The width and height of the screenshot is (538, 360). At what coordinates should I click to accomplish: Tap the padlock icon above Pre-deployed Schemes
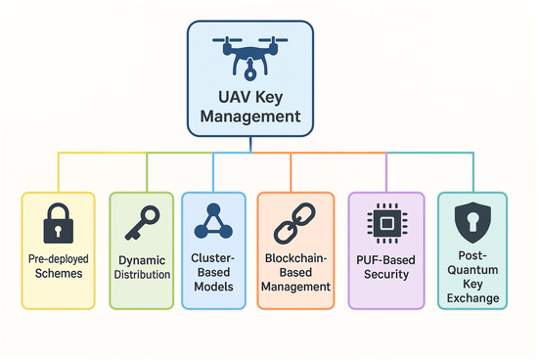[x=59, y=223]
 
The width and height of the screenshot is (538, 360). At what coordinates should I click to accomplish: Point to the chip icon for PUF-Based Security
[x=379, y=224]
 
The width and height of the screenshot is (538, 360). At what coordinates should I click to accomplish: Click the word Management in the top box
[x=251, y=117]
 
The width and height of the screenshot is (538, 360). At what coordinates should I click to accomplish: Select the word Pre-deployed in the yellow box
[x=58, y=259]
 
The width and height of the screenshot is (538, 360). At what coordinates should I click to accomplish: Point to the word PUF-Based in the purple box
[x=379, y=259]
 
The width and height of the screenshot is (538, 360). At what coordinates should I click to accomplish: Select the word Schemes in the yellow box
[x=58, y=276]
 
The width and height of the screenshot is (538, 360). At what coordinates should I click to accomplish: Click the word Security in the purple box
[x=379, y=276]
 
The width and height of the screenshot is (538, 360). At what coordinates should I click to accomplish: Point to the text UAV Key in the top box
[x=251, y=97]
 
